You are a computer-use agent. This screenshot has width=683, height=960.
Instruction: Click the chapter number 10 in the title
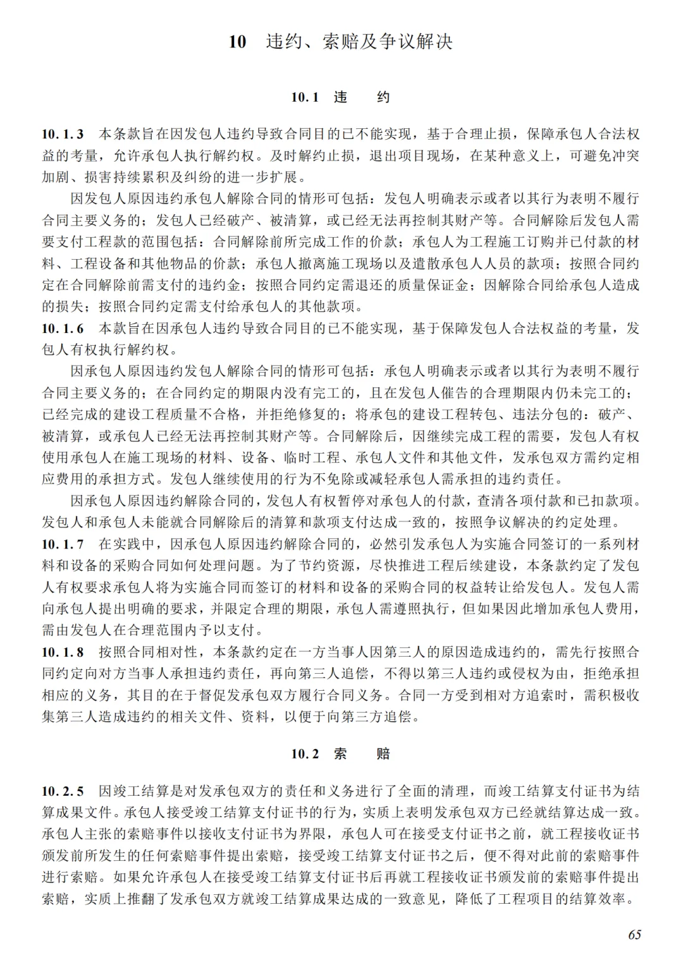(237, 42)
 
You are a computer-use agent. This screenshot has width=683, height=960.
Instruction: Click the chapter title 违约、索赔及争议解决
(359, 42)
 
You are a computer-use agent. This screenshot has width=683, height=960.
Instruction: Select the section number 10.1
(304, 97)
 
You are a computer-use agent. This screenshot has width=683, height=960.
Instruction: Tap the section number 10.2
(304, 754)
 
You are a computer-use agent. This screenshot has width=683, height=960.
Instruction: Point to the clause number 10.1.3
(63, 134)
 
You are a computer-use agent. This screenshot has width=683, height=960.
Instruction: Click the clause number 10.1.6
(63, 328)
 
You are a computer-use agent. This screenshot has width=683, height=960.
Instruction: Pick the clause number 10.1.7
(63, 544)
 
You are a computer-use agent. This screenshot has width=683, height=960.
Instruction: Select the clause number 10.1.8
(63, 652)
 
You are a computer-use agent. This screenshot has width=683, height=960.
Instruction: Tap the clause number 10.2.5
(63, 791)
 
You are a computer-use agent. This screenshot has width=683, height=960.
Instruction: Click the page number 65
(634, 935)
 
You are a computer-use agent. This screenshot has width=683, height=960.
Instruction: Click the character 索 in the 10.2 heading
(340, 754)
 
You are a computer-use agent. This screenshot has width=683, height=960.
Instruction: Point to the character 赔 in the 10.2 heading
(383, 754)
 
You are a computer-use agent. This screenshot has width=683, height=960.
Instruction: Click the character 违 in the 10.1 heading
(340, 97)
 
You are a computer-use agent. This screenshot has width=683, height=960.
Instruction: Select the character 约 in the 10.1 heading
(383, 97)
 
